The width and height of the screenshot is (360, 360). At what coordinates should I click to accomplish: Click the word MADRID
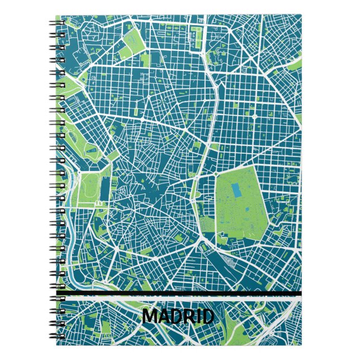tap(178, 317)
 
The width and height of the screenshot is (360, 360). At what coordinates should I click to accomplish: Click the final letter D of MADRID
tap(207, 317)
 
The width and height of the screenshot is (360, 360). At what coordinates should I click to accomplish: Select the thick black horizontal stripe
tap(179, 293)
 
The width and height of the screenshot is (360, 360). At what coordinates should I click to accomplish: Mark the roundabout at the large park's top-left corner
tap(215, 174)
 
